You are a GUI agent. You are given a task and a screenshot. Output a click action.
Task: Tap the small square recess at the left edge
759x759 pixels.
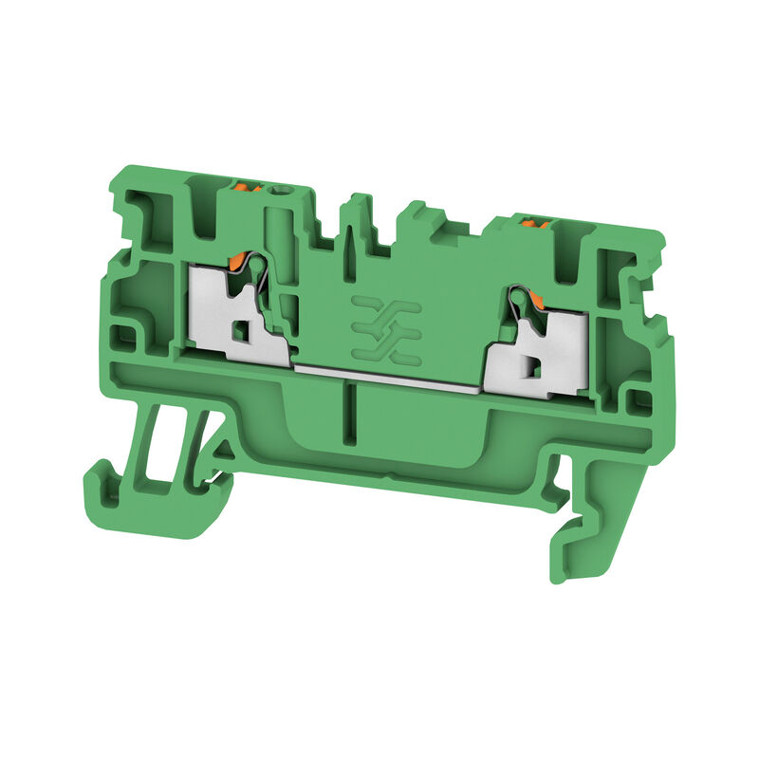click(x=122, y=334)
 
